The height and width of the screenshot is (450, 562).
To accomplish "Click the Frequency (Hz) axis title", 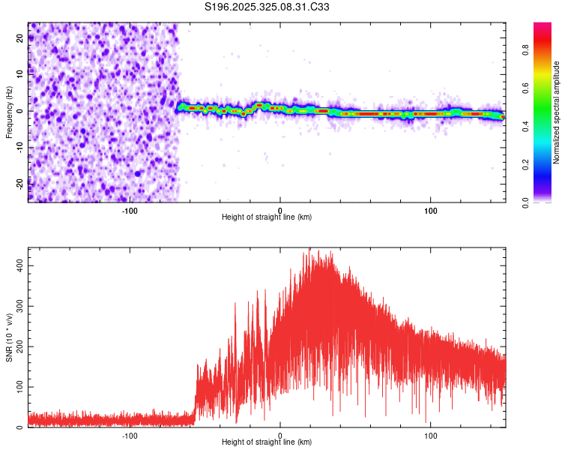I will [9, 112].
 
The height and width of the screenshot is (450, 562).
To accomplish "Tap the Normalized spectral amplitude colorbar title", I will [557, 113].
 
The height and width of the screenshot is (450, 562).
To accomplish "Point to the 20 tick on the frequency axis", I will [20, 39].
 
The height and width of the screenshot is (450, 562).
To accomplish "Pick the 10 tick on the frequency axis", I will [20, 75].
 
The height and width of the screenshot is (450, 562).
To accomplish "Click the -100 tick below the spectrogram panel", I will [130, 209].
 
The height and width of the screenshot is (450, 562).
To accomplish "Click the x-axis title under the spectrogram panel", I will [267, 217].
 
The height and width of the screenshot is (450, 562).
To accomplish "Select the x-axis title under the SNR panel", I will [267, 442].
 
